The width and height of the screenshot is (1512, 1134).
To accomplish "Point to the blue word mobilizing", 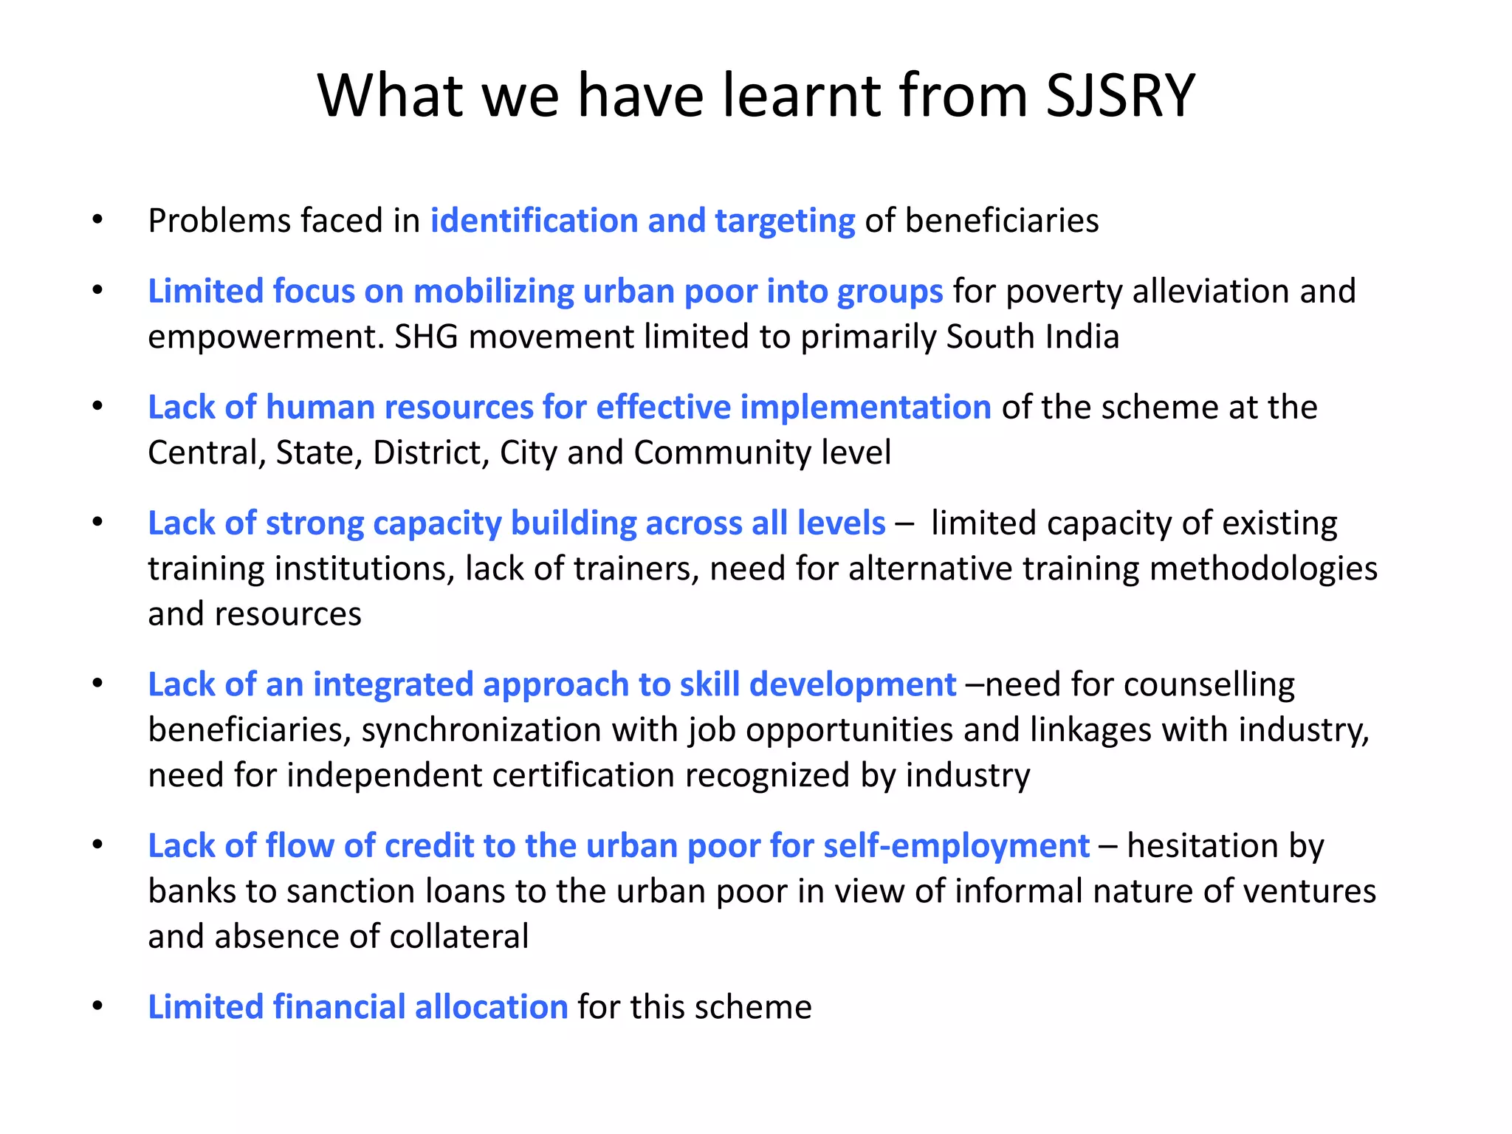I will [493, 292].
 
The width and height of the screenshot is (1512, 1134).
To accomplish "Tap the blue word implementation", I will [865, 408].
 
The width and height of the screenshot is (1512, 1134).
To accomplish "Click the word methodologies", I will [1263, 569].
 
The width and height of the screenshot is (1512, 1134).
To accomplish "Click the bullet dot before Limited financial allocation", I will [97, 1006].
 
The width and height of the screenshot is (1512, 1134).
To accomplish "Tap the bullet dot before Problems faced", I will [97, 220].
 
